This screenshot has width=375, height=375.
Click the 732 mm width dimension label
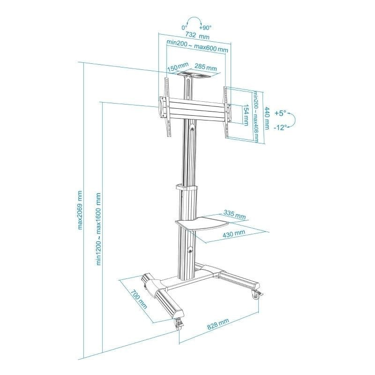pos(197,36)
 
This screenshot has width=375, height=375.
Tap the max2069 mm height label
pos(80,210)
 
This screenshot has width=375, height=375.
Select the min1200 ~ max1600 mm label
pos(98,229)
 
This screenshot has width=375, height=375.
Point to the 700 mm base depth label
pos(138,299)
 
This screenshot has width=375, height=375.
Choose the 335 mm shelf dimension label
pos(235,214)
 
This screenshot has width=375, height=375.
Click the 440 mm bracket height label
pos(267,119)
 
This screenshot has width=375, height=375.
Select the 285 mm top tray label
pos(205,67)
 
